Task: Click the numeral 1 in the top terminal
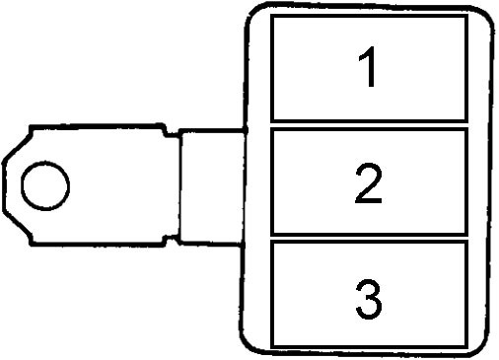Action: [x=368, y=67]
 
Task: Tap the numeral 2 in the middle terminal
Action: [x=369, y=182]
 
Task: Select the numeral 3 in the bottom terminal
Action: [x=369, y=299]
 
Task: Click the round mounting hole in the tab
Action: [x=45, y=185]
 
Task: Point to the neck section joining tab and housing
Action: [x=212, y=186]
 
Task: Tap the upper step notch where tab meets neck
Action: [x=171, y=130]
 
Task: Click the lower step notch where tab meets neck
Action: [x=171, y=241]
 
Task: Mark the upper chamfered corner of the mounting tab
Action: [x=17, y=144]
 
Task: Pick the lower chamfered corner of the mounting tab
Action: [x=18, y=228]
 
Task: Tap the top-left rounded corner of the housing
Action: [x=253, y=13]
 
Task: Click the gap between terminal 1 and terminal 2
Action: [x=369, y=125]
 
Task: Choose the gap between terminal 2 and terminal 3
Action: [x=369, y=238]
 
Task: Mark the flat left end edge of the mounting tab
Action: [x=4, y=186]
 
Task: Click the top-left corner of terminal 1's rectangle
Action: [x=272, y=16]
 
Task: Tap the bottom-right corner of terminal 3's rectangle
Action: [x=466, y=347]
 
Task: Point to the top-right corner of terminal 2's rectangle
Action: [x=466, y=129]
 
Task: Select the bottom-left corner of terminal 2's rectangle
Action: [x=272, y=234]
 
